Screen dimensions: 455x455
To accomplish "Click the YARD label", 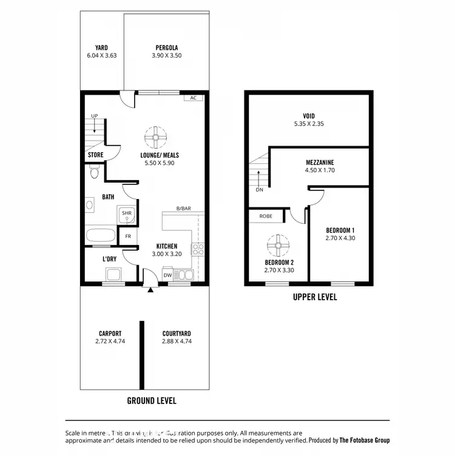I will (102, 47).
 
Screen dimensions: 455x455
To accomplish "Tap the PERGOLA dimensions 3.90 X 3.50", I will (167, 55).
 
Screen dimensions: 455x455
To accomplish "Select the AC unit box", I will (193, 98).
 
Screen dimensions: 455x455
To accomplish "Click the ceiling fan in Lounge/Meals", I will (156, 137).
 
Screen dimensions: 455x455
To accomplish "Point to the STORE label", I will (95, 155).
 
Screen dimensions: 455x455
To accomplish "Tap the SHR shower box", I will (126, 214).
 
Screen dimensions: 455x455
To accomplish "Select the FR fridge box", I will (128, 236).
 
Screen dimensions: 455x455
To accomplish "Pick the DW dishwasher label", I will (167, 275).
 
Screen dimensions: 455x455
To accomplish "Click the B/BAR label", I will (184, 208).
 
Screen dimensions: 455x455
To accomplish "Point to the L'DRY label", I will (109, 259).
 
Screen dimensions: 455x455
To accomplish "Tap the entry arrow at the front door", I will (150, 289).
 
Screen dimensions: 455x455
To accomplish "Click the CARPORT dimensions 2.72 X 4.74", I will (110, 342).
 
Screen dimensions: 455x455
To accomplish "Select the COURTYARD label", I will (177, 334).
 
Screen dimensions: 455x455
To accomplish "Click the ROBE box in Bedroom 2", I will (266, 216).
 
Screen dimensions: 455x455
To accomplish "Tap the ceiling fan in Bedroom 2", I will (278, 245).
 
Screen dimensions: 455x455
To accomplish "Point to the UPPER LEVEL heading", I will (315, 297).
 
